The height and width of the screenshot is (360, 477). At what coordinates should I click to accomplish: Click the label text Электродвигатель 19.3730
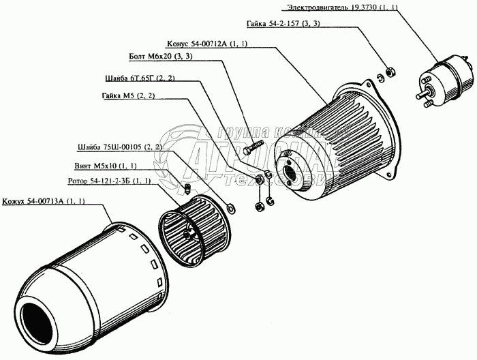pyautogui.click(x=369, y=7)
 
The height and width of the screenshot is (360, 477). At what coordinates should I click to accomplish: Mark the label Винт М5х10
pyautogui.click(x=105, y=166)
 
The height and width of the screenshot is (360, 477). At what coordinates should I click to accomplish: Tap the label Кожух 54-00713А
pyautogui.click(x=46, y=202)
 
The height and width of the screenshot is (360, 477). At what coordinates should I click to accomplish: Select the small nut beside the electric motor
pyautogui.click(x=390, y=70)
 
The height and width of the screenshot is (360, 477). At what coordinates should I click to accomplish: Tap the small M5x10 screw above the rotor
pyautogui.click(x=187, y=190)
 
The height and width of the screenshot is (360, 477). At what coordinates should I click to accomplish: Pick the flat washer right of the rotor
pyautogui.click(x=229, y=206)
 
